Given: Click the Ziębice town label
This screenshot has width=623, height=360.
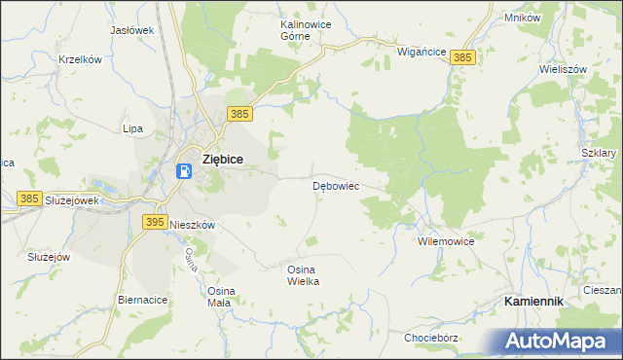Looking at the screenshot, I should point(221,160).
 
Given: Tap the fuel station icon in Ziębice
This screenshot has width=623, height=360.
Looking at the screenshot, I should point(184,170).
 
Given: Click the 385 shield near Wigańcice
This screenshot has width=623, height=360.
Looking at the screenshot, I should point(462,58).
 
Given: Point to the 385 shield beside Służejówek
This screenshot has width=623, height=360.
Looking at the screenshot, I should point(29,198).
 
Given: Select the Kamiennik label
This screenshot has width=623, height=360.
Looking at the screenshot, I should point(533,302).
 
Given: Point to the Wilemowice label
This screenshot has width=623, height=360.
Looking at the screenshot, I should point(445,239).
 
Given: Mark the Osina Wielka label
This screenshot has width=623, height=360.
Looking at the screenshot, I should point(303,274).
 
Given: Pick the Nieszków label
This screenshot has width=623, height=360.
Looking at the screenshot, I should point(192,224).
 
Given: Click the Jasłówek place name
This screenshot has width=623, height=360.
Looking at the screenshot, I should point(132,30).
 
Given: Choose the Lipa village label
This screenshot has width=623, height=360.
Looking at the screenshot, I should point(132,128).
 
